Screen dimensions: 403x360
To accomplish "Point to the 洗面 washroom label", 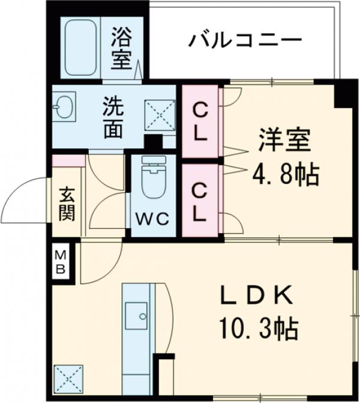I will tap(113, 117).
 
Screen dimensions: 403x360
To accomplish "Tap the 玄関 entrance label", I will tap(67, 204).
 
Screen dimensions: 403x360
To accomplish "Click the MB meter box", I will tap(61, 262).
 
